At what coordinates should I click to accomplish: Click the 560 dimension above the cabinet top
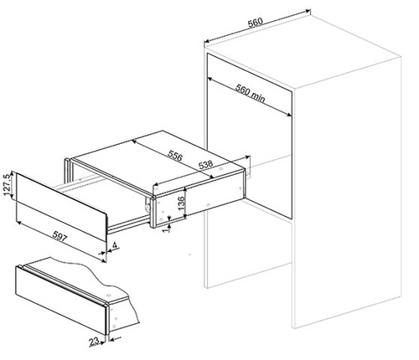tap(256, 23)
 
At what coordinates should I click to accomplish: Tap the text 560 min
tap(250, 93)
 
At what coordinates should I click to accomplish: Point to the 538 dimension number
tap(205, 165)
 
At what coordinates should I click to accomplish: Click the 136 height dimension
tap(181, 203)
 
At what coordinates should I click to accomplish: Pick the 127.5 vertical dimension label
tap(8, 184)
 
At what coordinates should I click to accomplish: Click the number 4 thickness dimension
tap(115, 245)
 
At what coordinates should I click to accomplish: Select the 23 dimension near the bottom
tap(94, 342)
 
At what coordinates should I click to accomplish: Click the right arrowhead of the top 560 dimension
tap(308, 11)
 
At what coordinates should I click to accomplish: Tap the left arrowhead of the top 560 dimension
tap(206, 42)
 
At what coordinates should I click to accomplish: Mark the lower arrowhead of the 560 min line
tap(289, 115)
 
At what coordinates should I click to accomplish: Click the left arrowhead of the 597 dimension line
tap(18, 222)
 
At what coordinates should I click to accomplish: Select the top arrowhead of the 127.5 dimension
tap(12, 173)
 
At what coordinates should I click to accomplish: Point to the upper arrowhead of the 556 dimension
tap(134, 141)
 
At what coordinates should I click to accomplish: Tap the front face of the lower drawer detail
tap(61, 300)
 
